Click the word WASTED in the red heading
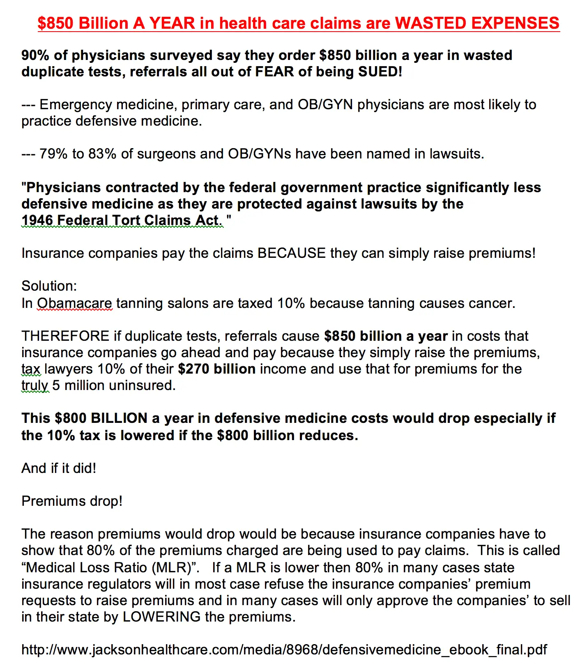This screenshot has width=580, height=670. pyautogui.click(x=431, y=23)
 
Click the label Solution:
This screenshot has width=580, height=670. pyautogui.click(x=49, y=286)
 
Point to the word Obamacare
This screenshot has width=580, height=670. pyautogui.click(x=74, y=303)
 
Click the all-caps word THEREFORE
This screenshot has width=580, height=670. pyautogui.click(x=65, y=336)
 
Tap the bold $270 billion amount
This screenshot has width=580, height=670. pyautogui.click(x=217, y=369)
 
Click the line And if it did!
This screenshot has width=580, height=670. pyautogui.click(x=59, y=468)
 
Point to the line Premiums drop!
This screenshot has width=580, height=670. pyautogui.click(x=72, y=501)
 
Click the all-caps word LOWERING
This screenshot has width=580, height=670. pyautogui.click(x=161, y=617)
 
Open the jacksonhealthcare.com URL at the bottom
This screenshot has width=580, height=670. pyautogui.click(x=284, y=650)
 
